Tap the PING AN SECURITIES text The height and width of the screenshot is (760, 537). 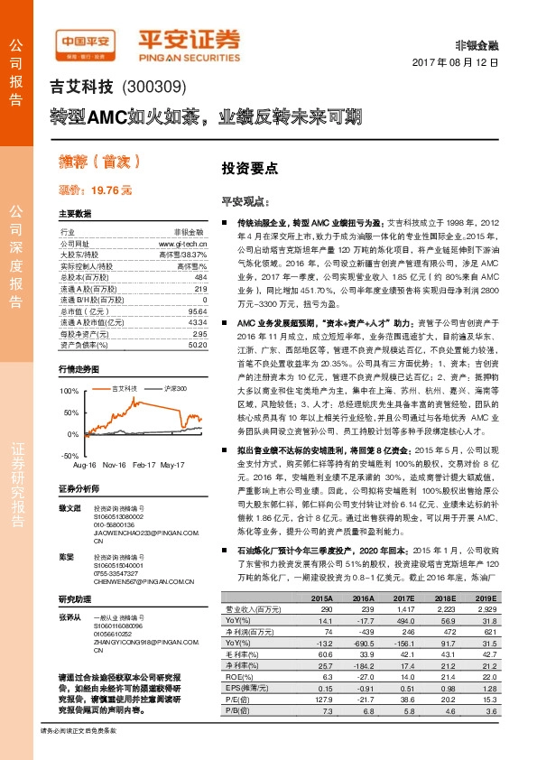(190, 52)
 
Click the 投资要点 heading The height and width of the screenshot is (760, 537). (250, 168)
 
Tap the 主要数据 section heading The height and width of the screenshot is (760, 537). (75, 214)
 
